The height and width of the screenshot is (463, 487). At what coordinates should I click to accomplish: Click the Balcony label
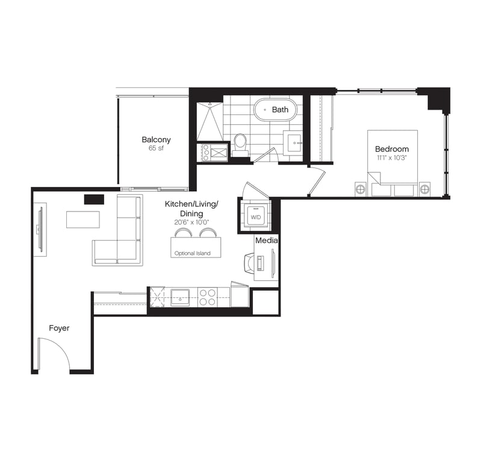pos(156,140)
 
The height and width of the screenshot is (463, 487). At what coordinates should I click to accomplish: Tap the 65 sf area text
pos(156,148)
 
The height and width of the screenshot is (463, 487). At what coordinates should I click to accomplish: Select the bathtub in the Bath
pos(275,110)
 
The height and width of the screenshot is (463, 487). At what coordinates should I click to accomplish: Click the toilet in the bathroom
pos(240,145)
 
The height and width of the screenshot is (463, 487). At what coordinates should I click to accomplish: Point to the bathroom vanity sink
pos(293,143)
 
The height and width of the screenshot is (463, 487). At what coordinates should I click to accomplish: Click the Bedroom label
pos(392,149)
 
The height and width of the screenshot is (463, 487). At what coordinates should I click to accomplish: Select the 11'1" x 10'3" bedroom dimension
pos(392,158)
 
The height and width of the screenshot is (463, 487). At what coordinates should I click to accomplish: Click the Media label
pos(267,241)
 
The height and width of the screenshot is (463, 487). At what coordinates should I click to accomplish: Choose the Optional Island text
pos(192,253)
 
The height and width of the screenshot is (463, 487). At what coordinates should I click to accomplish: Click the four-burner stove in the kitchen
pos(208,297)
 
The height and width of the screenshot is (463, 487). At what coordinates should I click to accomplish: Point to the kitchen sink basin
pos(180,297)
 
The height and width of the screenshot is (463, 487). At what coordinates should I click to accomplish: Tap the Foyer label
pos(59,328)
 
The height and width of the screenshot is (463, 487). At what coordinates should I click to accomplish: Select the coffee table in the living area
pos(83,219)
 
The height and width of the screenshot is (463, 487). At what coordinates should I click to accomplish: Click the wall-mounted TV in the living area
pos(40,230)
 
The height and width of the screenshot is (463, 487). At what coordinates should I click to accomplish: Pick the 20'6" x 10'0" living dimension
pos(191,222)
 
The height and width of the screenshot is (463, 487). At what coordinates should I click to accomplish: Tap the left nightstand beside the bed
pos(361,189)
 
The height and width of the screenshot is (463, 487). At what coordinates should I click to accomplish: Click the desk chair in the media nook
pos(249,263)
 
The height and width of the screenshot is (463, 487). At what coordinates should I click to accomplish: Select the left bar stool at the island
pos(182,233)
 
